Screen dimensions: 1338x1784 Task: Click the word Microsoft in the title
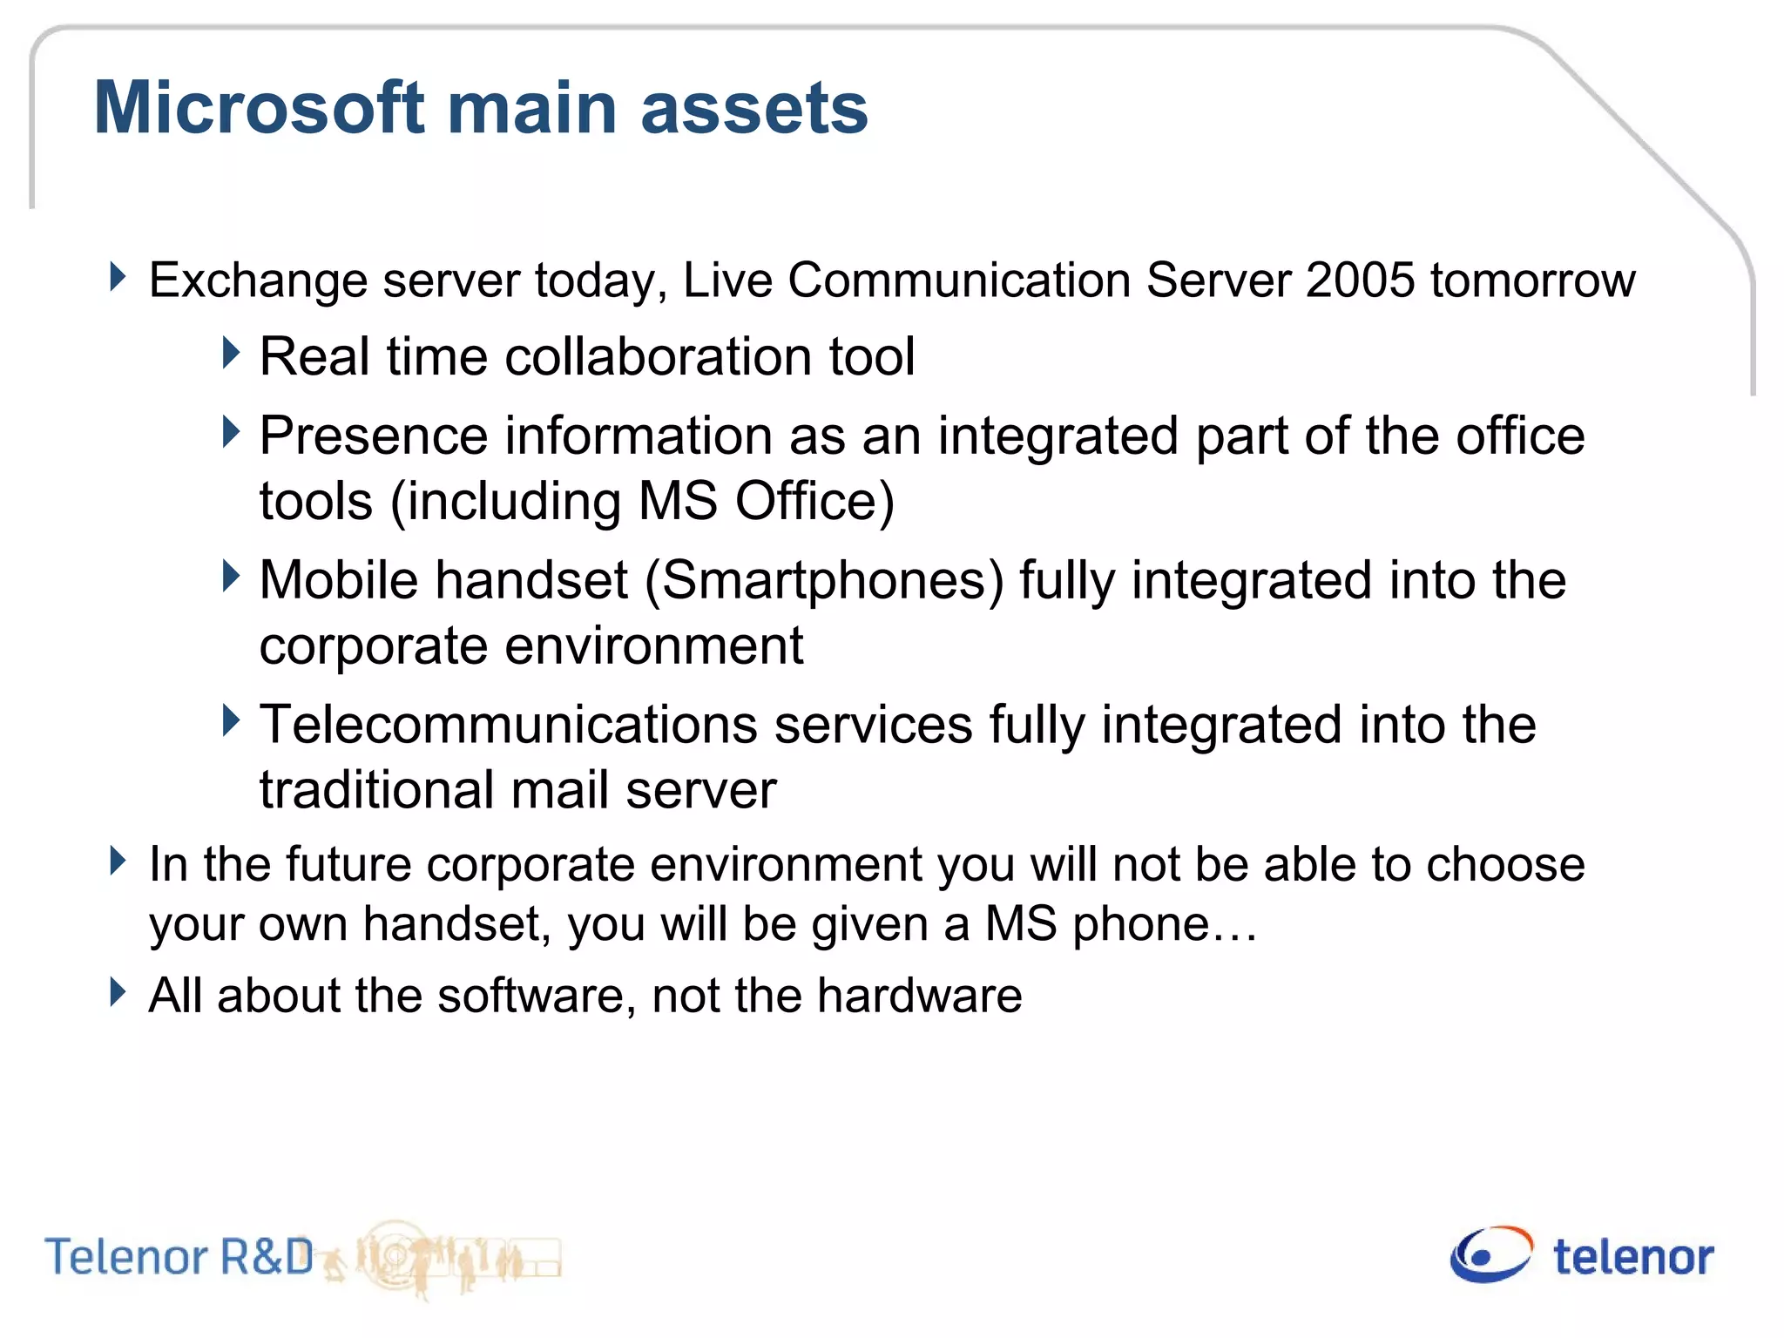pos(260,108)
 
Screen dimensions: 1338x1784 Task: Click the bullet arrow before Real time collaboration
pos(231,354)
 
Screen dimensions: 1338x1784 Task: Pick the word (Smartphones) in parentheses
pos(824,581)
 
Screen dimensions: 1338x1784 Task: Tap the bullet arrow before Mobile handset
pos(231,577)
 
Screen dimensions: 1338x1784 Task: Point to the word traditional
pos(376,791)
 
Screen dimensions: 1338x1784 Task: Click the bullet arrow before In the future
pos(118,862)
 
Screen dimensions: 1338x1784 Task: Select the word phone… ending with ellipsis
pos(1165,925)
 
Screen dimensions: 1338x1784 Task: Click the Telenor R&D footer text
pos(179,1257)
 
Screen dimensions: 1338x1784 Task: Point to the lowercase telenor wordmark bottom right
pos(1633,1258)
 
